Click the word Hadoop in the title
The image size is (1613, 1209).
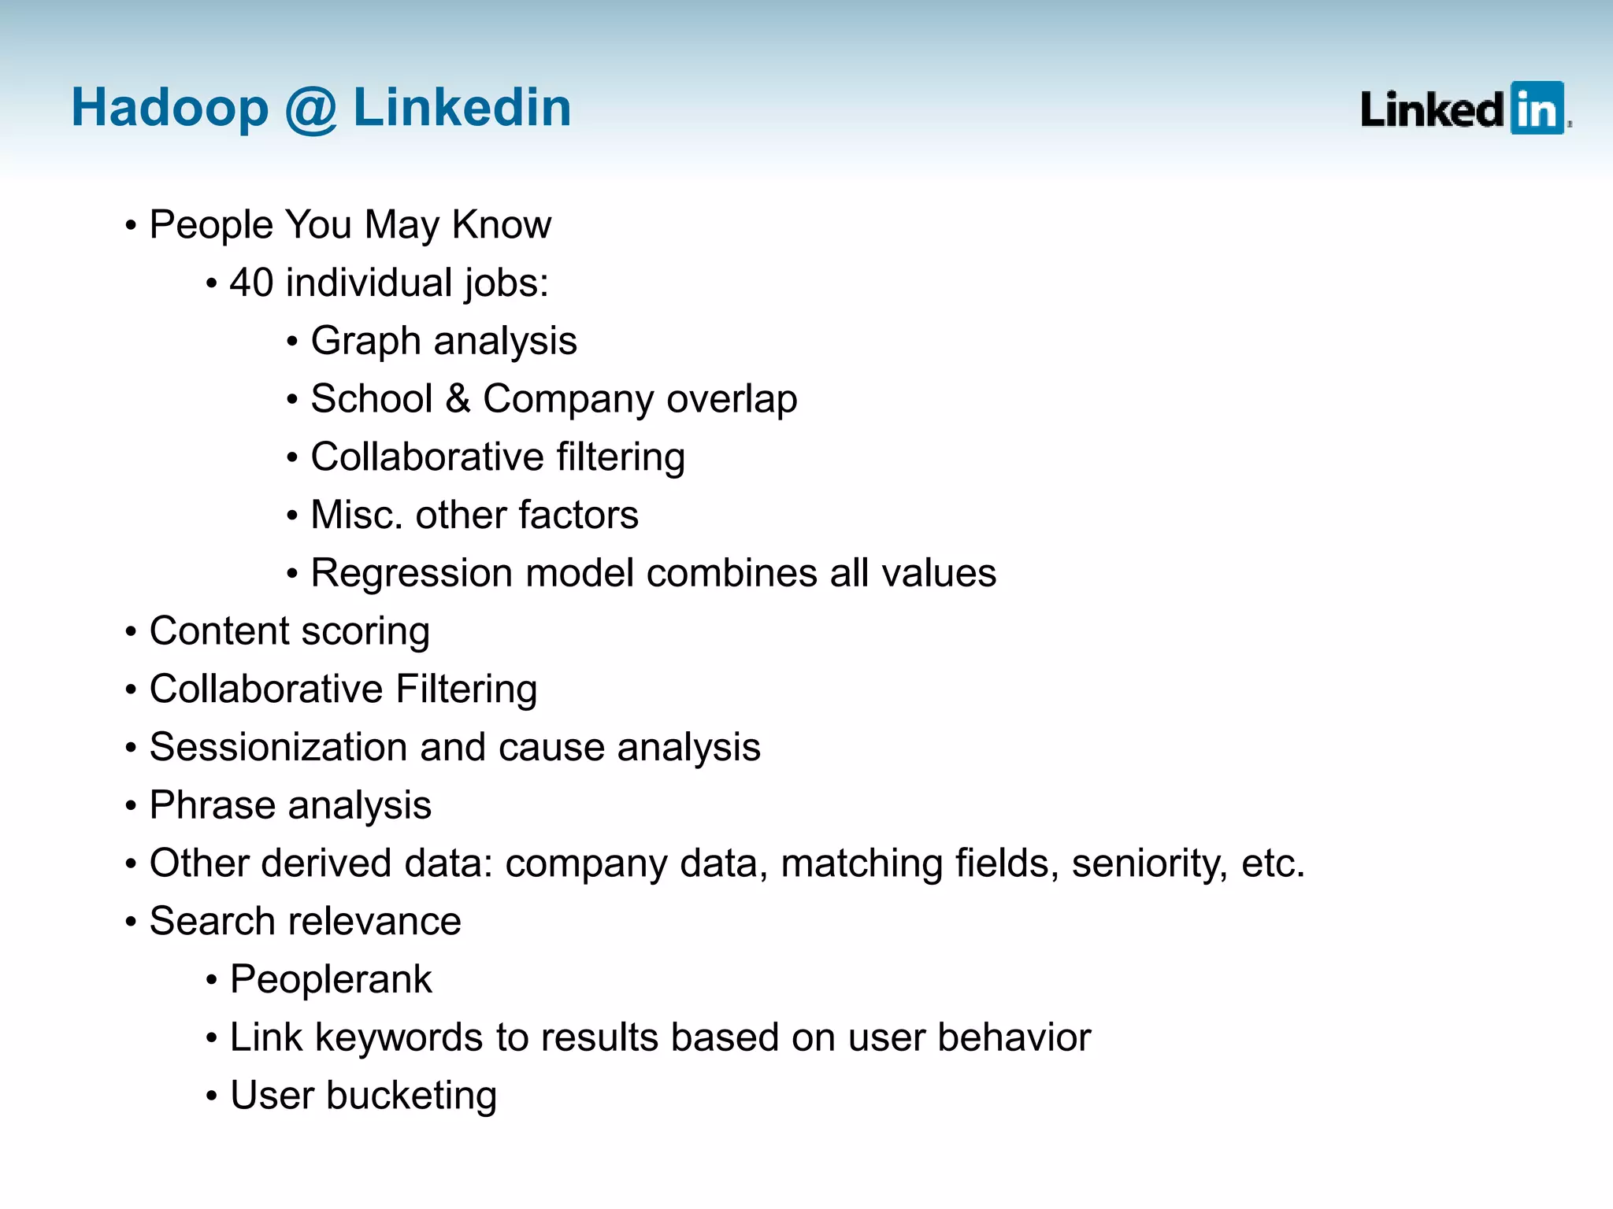169,108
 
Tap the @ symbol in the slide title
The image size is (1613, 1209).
310,109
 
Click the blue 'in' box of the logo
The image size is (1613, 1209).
1537,109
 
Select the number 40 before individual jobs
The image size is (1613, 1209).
251,283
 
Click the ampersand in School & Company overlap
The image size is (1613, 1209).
458,398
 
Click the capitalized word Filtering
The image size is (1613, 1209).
466,689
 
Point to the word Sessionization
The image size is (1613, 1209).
277,747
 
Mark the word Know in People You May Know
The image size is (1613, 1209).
502,225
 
